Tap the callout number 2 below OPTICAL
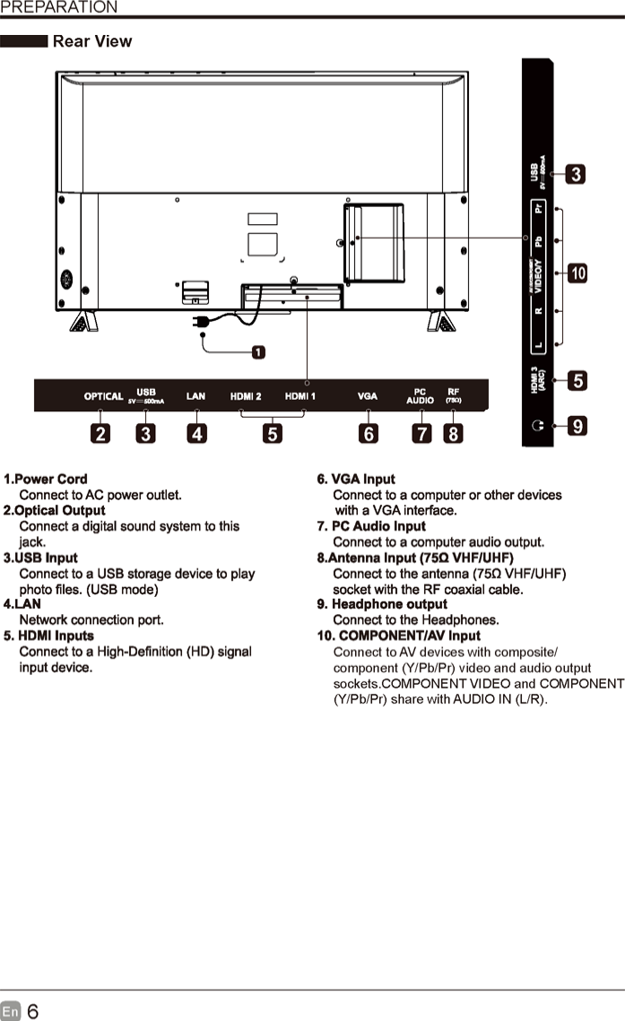tap(100, 434)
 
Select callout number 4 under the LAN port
tap(195, 434)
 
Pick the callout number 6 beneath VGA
tap(368, 434)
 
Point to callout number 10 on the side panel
tap(578, 273)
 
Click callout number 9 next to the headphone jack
tap(578, 427)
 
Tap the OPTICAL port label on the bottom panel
tap(103, 396)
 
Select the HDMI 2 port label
tap(246, 396)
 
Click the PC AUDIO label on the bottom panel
tap(420, 396)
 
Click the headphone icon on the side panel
tap(537, 427)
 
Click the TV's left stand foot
tap(82, 323)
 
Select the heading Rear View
tap(91, 41)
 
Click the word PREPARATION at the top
tap(58, 7)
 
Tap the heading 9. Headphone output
tap(382, 604)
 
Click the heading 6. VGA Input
tap(356, 480)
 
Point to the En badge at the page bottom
tap(10, 1011)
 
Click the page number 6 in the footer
tap(32, 1011)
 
